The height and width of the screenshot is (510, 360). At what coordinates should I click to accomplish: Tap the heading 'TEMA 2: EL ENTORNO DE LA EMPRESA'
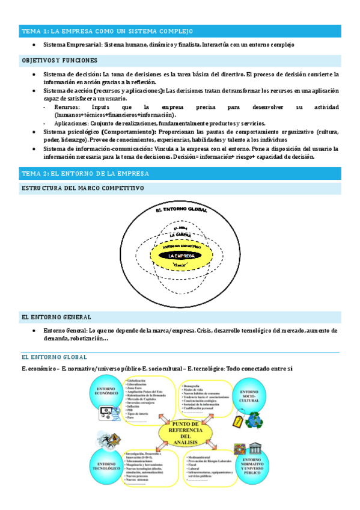[85, 173]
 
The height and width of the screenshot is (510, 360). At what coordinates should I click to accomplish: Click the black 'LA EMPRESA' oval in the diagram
[181, 256]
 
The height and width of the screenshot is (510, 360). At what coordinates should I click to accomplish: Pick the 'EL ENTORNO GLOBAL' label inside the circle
[181, 210]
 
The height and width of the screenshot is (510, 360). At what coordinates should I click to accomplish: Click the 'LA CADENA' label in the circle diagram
[180, 235]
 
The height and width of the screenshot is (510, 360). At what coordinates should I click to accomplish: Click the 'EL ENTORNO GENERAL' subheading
[56, 316]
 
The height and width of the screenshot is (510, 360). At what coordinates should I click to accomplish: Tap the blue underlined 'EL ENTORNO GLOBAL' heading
[54, 357]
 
